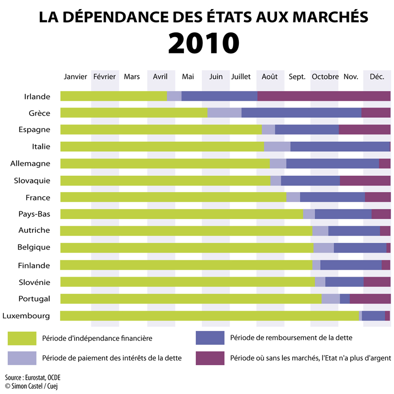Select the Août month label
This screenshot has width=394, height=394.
pos(269,77)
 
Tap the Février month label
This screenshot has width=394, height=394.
pos(104,77)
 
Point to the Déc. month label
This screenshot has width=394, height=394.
pos(377,77)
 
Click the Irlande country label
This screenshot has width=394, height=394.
pos(37,97)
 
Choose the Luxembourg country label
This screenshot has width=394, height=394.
pos(26,316)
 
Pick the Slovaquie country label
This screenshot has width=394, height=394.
pos(32,180)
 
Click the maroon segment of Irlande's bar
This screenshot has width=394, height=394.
pos(323,96)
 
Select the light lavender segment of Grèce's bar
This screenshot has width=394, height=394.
pos(225,113)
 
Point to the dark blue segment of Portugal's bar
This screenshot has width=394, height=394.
pos(345,299)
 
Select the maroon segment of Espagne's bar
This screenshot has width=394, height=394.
pos(364,130)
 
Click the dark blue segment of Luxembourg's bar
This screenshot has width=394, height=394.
pos(373,316)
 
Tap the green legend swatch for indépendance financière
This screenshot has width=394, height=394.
pos(22,338)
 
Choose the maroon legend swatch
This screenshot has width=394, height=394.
pos(210,358)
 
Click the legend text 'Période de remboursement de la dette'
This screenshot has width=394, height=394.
pos(291,338)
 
